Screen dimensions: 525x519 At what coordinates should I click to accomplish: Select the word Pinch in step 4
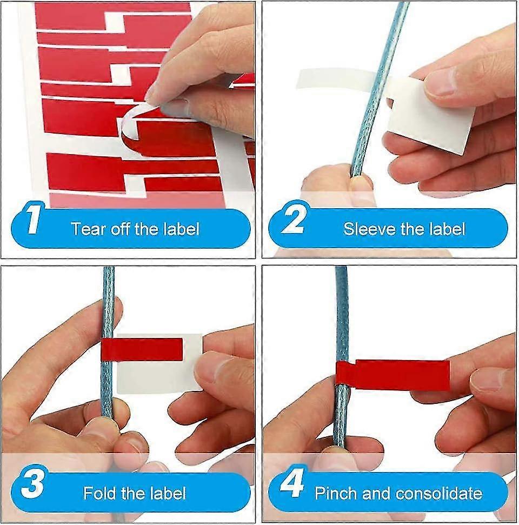335,493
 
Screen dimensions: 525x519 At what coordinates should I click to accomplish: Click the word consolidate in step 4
438,493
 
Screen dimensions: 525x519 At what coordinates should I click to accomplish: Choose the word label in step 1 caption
181,228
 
